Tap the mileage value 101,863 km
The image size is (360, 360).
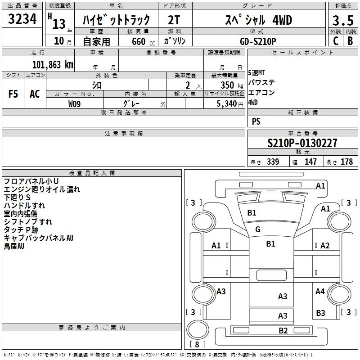coord(53,64)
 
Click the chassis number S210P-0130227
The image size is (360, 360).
coord(302,144)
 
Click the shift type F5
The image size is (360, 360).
coord(13,94)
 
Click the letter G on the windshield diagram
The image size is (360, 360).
coord(258,229)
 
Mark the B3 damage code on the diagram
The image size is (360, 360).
coord(320,313)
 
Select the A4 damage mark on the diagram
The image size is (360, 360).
coord(320,292)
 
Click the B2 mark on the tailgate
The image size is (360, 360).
coord(283,331)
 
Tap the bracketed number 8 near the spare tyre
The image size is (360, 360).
coord(197,345)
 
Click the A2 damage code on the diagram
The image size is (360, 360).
coord(325,245)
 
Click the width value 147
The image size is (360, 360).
coord(310,162)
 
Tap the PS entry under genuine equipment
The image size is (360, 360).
coord(256,121)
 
